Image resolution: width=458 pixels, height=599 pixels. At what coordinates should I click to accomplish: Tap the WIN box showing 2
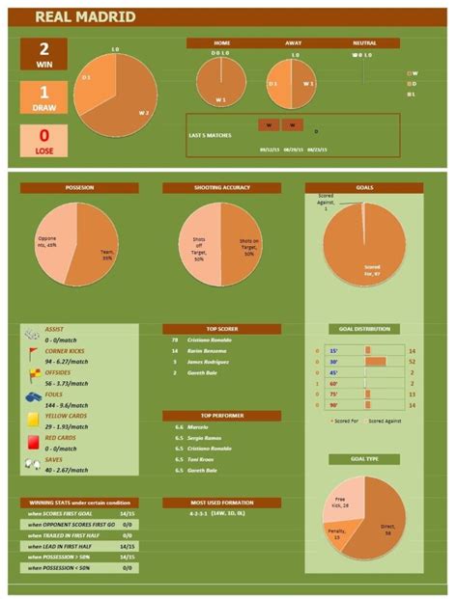point(40,56)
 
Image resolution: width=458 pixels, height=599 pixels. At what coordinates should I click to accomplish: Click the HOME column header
point(222,43)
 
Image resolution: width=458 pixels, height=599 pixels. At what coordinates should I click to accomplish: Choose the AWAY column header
point(293,43)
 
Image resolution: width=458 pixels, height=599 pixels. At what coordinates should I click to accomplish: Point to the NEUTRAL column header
point(364,43)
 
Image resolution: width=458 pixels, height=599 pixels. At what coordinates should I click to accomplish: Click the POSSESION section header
point(79,188)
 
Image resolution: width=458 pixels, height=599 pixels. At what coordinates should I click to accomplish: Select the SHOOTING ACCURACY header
point(221,188)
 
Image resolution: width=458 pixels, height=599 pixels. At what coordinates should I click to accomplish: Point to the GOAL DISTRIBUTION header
point(364,328)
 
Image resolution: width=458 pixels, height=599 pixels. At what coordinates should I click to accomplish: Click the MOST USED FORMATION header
point(221,502)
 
